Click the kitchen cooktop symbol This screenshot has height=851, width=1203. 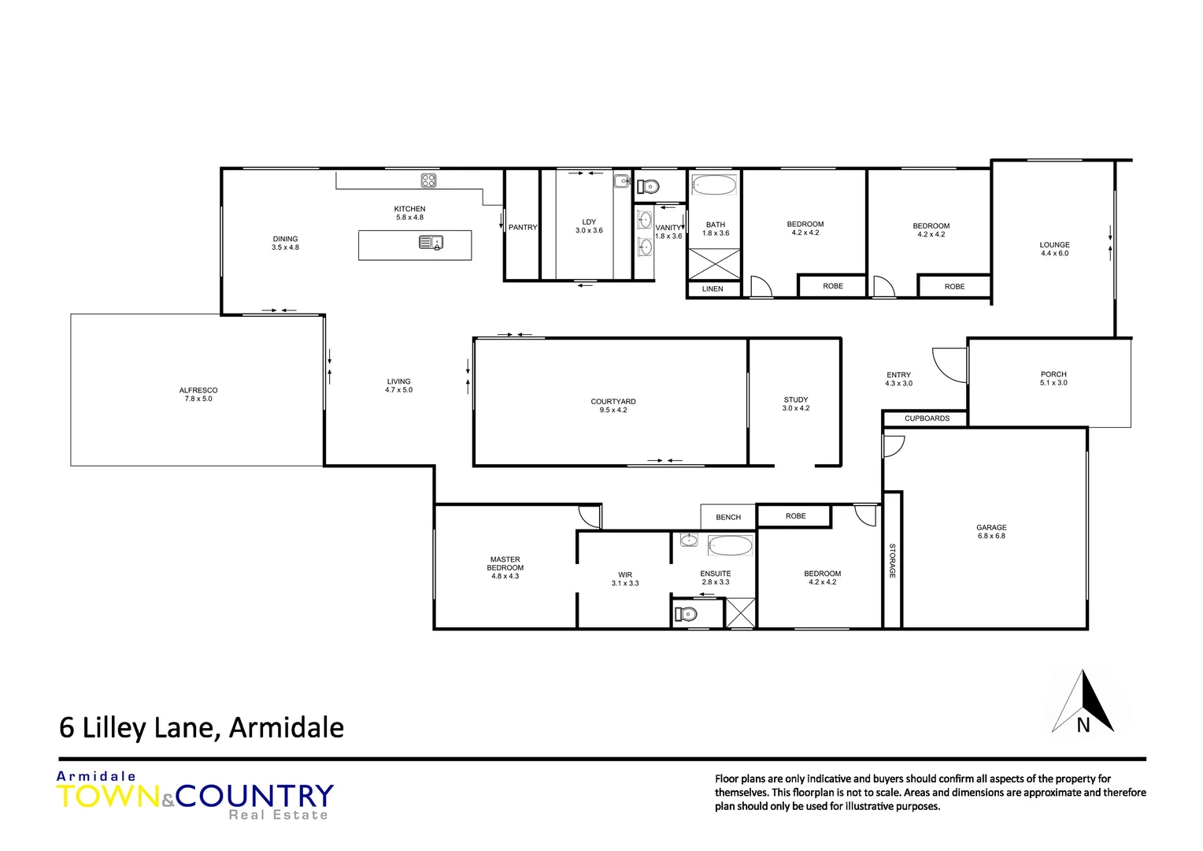click(x=428, y=180)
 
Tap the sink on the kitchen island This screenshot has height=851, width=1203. click(x=431, y=243)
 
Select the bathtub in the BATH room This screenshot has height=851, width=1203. click(x=714, y=186)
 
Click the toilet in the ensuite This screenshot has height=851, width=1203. click(x=687, y=614)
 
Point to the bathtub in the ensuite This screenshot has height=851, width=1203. click(x=730, y=544)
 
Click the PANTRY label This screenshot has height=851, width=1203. click(x=522, y=228)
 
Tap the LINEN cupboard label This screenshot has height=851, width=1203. click(x=713, y=289)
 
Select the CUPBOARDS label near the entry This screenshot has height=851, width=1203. click(x=927, y=418)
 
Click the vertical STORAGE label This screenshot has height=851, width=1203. click(x=892, y=560)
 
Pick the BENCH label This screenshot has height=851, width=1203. click(x=728, y=518)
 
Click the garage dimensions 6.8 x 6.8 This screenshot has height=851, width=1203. click(x=991, y=537)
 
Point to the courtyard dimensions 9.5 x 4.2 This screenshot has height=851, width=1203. click(x=613, y=411)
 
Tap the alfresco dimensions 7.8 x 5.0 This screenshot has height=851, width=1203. click(x=198, y=399)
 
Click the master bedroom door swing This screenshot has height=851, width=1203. click(x=590, y=516)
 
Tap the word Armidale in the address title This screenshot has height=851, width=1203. click(x=286, y=727)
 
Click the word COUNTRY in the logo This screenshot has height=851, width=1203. click(x=254, y=796)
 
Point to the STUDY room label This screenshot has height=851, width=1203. click(x=796, y=399)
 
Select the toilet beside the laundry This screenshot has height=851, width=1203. click(x=649, y=187)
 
